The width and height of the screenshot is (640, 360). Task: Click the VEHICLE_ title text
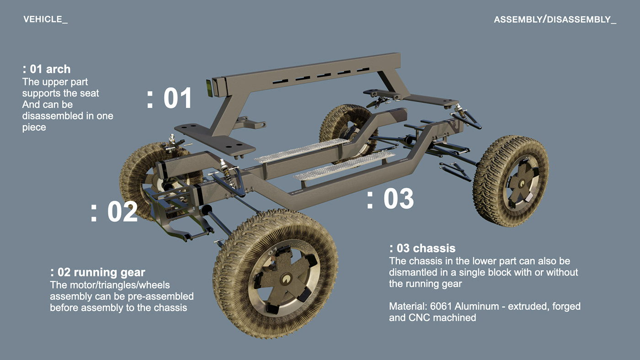[45, 20]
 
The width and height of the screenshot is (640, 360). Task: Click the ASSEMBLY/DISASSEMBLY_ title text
[555, 20]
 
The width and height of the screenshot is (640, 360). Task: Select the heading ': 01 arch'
[47, 69]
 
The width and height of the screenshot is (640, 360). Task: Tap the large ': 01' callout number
[170, 98]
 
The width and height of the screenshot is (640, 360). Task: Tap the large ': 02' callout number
[114, 212]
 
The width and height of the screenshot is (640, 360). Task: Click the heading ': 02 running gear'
[98, 273]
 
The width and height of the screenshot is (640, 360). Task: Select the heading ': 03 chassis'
[422, 249]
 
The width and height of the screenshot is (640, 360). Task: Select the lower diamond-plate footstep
[343, 166]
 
